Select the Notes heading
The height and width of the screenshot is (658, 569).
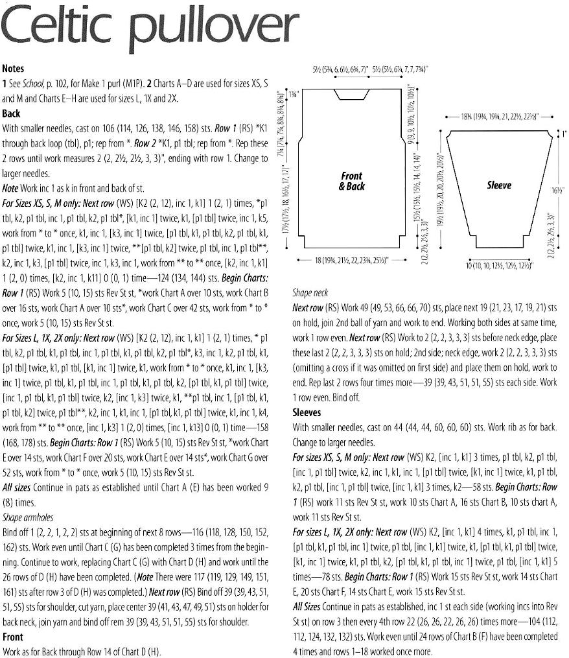15,68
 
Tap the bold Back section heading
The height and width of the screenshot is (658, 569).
12,113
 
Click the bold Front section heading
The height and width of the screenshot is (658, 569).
13,637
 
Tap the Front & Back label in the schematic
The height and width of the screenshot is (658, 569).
353,181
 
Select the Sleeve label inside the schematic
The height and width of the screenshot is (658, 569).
499,185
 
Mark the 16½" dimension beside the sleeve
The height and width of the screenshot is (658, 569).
557,192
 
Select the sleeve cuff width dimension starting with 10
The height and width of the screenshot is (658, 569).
500,266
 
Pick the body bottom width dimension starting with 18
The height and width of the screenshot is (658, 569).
351,259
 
